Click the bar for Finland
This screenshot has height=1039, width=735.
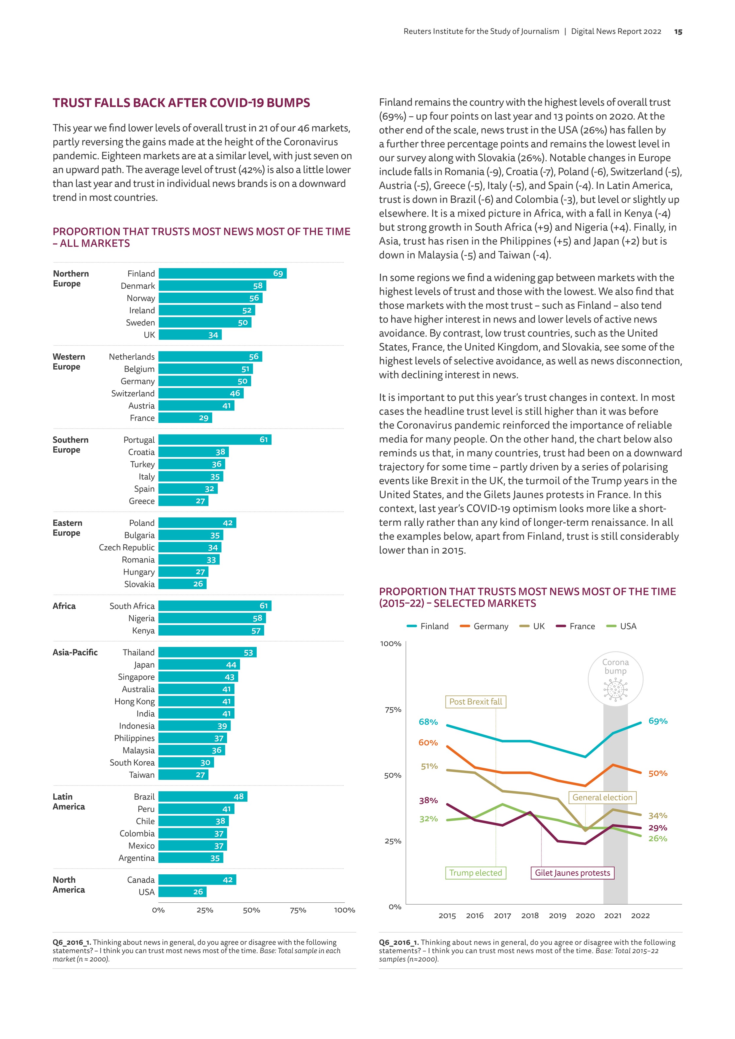tap(222, 273)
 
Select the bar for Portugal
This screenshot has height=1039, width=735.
tap(215, 440)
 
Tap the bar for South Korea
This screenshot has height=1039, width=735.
tap(186, 762)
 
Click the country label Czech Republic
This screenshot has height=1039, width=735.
tap(127, 548)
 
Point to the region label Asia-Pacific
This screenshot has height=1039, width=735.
tap(75, 652)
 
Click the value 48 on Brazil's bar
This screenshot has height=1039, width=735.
tap(239, 796)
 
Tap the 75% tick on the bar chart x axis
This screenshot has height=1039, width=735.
tap(298, 910)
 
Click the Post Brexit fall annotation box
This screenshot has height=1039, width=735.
tap(475, 702)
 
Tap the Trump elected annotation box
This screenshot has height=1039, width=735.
tap(475, 873)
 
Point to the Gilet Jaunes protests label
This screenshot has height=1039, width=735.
tap(572, 873)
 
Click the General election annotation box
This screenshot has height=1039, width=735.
tap(602, 797)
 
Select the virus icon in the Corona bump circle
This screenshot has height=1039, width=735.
tap(616, 690)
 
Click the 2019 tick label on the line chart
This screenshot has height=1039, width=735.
tap(557, 916)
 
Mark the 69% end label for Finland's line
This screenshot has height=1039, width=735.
tap(658, 721)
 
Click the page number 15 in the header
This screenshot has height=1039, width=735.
tap(678, 32)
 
